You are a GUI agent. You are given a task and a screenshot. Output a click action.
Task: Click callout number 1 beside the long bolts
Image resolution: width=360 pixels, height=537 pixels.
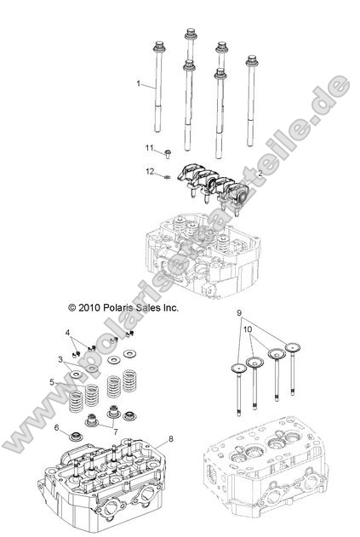click(x=138, y=83)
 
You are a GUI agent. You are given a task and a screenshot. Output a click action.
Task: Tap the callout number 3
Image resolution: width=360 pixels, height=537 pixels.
click(x=60, y=360)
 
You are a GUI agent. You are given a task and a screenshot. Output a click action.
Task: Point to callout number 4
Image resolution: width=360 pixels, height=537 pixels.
click(x=67, y=331)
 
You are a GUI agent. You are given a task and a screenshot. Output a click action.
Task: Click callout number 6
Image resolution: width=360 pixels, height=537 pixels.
click(x=57, y=427)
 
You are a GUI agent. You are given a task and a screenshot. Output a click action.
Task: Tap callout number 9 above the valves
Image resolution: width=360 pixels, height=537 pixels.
click(x=239, y=312)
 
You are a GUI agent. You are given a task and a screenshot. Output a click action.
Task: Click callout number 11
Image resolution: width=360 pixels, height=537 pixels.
click(x=148, y=149)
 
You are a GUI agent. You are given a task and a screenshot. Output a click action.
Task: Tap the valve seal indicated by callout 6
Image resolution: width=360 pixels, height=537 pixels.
click(x=75, y=437)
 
